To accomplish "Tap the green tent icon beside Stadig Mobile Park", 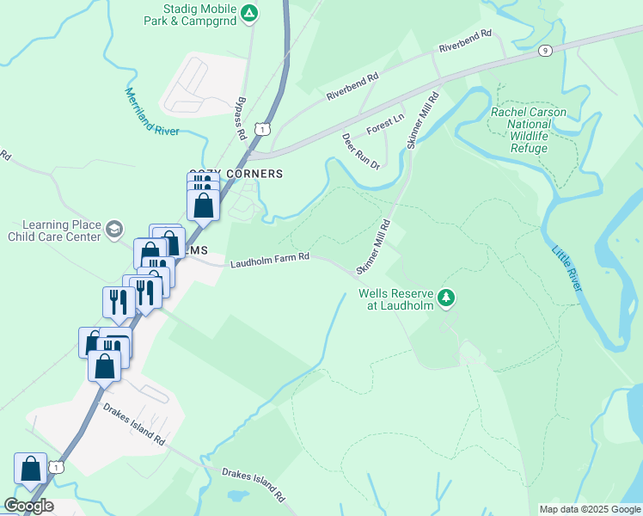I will [248, 12].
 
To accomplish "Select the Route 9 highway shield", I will [545, 51].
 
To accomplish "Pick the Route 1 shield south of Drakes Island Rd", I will [55, 466].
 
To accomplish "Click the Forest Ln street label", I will [384, 124].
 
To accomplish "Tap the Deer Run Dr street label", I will [361, 150].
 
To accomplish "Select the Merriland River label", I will [151, 112].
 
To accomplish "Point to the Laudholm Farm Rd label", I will [269, 261].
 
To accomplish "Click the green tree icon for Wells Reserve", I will [445, 298].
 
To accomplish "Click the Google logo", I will [29, 506].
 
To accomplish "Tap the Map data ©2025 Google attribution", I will [589, 509].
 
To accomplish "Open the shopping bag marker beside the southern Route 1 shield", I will [30, 470].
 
